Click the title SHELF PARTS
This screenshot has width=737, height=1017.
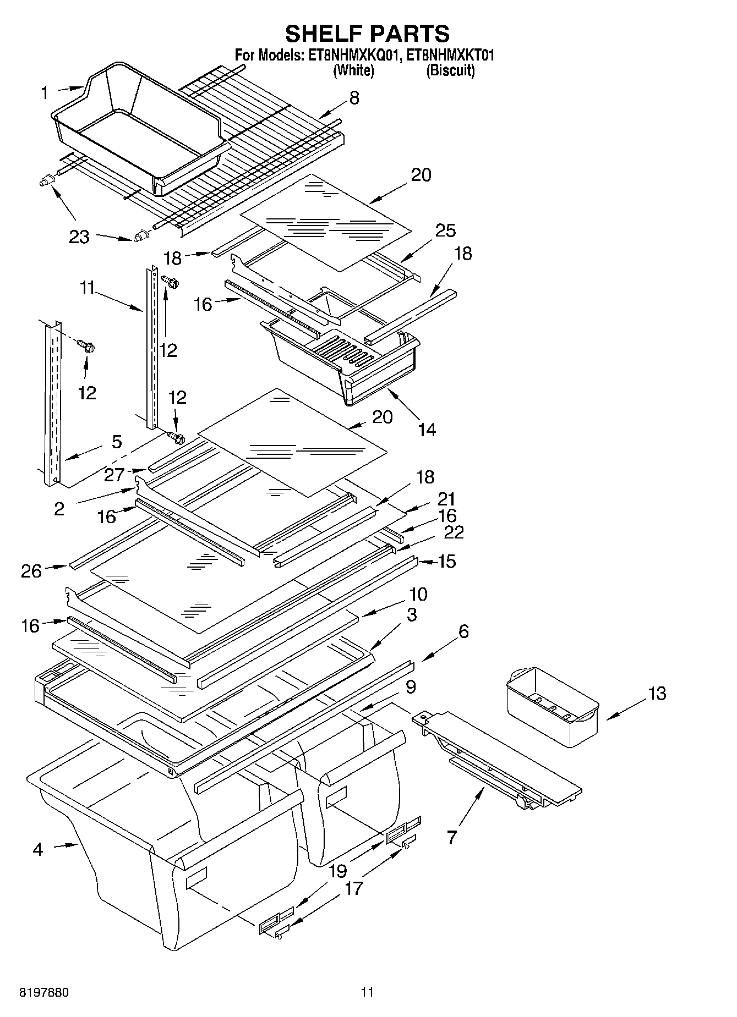[367, 34]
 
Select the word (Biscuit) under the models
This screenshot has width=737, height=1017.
[450, 70]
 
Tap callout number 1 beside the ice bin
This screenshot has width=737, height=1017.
[45, 93]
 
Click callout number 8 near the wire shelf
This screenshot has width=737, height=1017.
[354, 98]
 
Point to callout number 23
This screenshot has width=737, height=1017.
[79, 237]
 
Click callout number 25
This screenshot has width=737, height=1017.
[445, 230]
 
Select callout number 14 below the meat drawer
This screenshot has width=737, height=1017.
[427, 429]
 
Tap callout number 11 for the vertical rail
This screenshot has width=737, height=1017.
[87, 288]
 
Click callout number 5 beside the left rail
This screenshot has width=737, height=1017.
[117, 442]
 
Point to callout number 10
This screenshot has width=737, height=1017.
[418, 594]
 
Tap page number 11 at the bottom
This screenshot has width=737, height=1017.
[367, 992]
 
